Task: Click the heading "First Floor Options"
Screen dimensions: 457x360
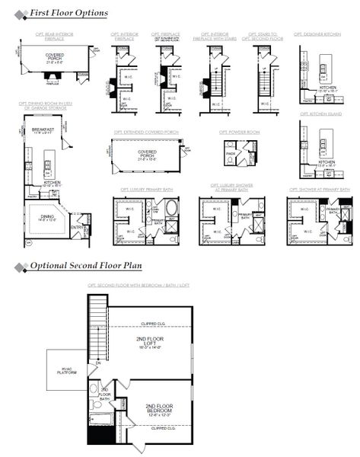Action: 68,13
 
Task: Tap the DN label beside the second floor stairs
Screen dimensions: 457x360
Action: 97,363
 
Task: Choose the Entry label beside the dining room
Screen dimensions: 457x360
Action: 77,226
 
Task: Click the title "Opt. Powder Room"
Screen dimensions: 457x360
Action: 239,132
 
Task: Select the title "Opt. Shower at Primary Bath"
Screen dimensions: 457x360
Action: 320,189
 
